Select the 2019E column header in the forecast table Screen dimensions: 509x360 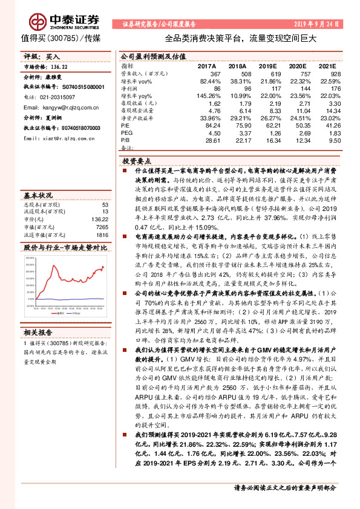(x=271, y=65)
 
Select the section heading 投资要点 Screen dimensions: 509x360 (x=137, y=162)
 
